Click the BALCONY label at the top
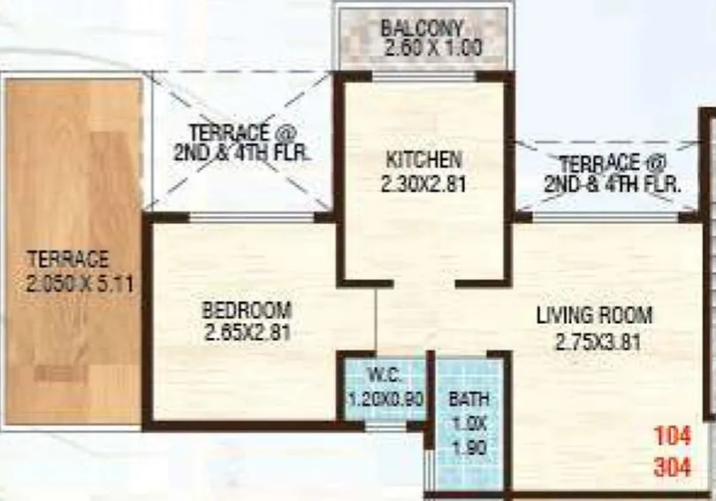point(423,27)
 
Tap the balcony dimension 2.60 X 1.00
point(423,48)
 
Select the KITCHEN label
point(423,160)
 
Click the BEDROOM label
point(247,311)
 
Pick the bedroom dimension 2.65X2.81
point(247,334)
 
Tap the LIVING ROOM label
point(594,315)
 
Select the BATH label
point(468,399)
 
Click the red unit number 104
point(672,436)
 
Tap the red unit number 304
point(672,466)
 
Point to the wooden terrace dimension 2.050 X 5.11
point(69,283)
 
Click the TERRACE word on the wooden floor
point(68,260)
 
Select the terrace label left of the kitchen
point(245,141)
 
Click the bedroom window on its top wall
point(252,216)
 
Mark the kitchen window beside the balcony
point(423,77)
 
